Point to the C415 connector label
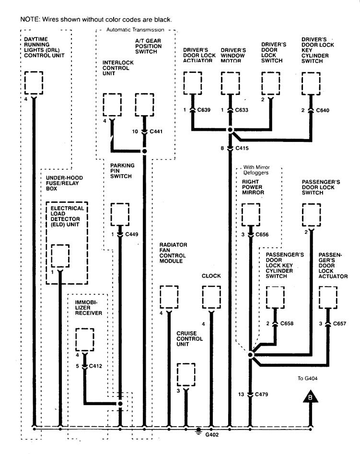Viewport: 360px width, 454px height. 243,149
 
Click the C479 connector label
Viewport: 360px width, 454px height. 262,394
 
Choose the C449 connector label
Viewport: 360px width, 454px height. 131,234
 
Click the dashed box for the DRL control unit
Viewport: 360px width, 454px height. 34,83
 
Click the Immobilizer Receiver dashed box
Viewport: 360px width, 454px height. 85,339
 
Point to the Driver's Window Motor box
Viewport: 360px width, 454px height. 230,83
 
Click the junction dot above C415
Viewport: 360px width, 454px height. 230,130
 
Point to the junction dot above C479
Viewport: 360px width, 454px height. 250,355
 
